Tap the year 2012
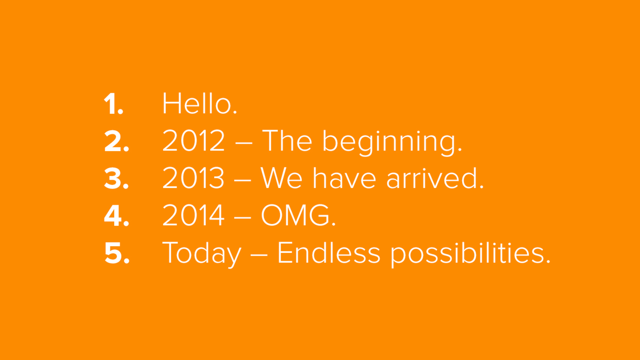[193, 141]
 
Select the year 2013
[193, 178]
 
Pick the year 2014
[193, 215]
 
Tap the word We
[281, 178]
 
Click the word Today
[202, 253]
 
